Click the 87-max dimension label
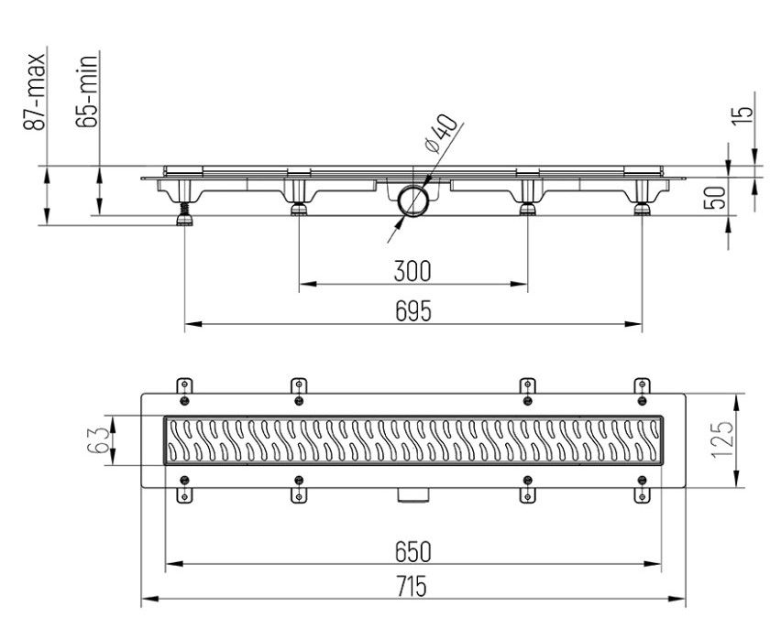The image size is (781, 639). pyautogui.click(x=35, y=92)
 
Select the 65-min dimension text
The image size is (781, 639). pyautogui.click(x=87, y=92)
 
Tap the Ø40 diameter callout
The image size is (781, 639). pyautogui.click(x=440, y=134)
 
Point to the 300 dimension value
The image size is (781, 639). pyautogui.click(x=412, y=271)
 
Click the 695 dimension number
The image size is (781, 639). pyautogui.click(x=413, y=312)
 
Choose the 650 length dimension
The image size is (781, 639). pyautogui.click(x=412, y=552)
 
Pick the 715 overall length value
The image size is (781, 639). pyautogui.click(x=412, y=586)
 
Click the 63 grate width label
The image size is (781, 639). pyautogui.click(x=97, y=440)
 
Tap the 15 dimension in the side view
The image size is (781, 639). pyautogui.click(x=742, y=114)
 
